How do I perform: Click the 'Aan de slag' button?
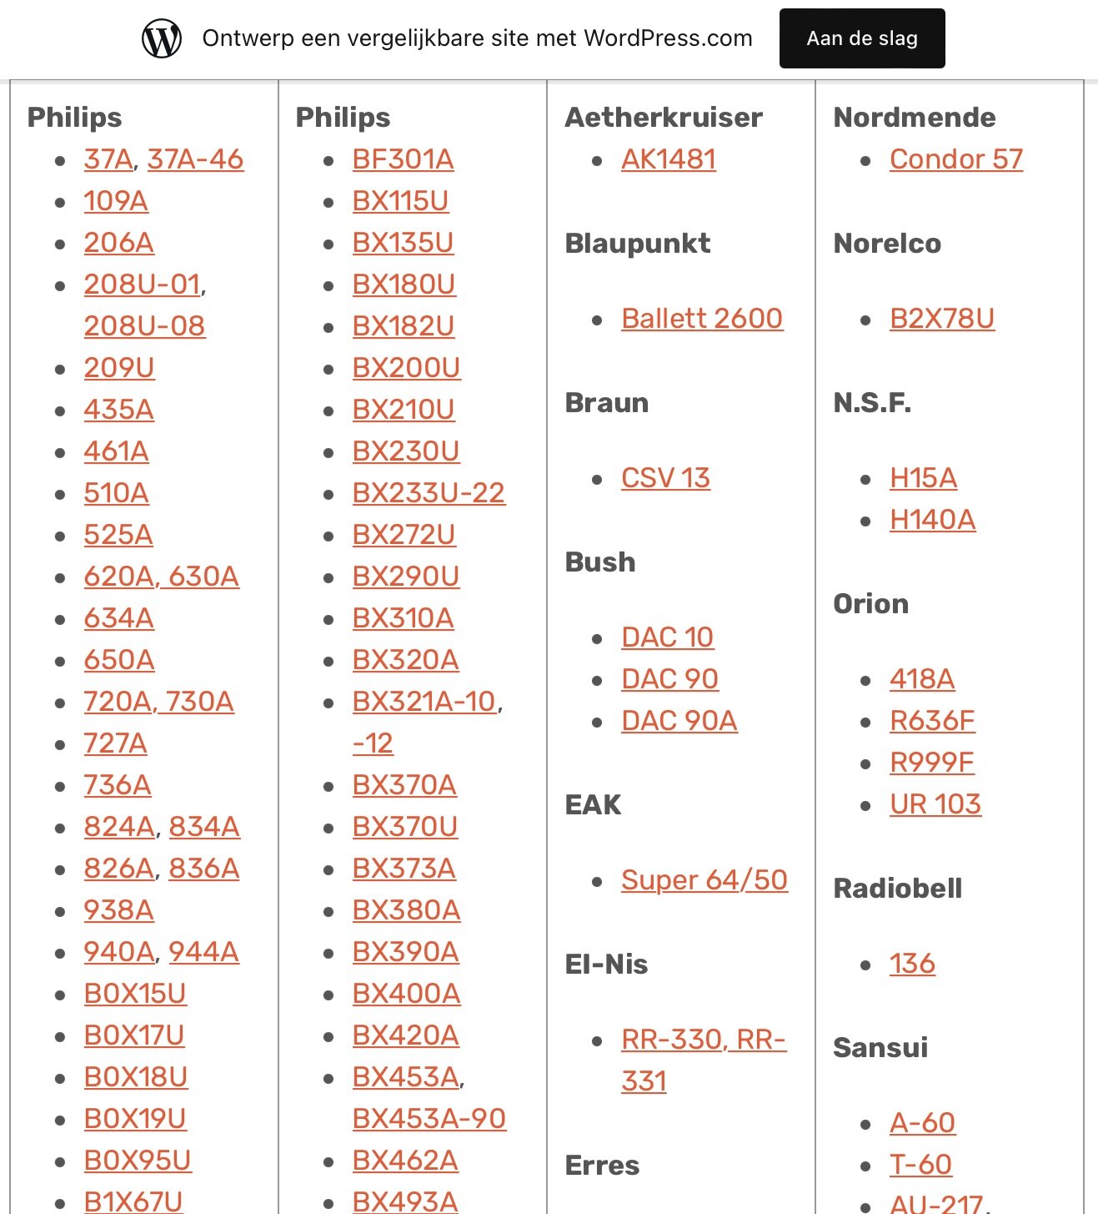tap(861, 38)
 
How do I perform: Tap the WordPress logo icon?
tap(162, 38)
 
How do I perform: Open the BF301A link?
tap(403, 159)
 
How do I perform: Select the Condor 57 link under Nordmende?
tap(955, 159)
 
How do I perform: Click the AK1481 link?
tap(668, 159)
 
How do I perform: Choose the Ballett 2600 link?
tap(701, 319)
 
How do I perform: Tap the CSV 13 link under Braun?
tap(665, 478)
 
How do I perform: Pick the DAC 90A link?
tap(679, 721)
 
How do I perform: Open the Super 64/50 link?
tap(704, 880)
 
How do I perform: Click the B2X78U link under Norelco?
tap(941, 319)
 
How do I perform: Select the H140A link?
tap(932, 520)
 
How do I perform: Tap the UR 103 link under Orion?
tap(935, 804)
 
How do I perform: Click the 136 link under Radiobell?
tap(911, 964)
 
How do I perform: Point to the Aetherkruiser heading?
tap(663, 118)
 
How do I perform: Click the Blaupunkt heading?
tap(637, 244)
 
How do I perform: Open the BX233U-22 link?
tap(429, 493)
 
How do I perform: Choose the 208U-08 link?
tap(144, 326)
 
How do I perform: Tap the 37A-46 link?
tap(195, 159)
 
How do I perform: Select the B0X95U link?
tap(138, 1161)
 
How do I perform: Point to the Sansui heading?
tap(880, 1047)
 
